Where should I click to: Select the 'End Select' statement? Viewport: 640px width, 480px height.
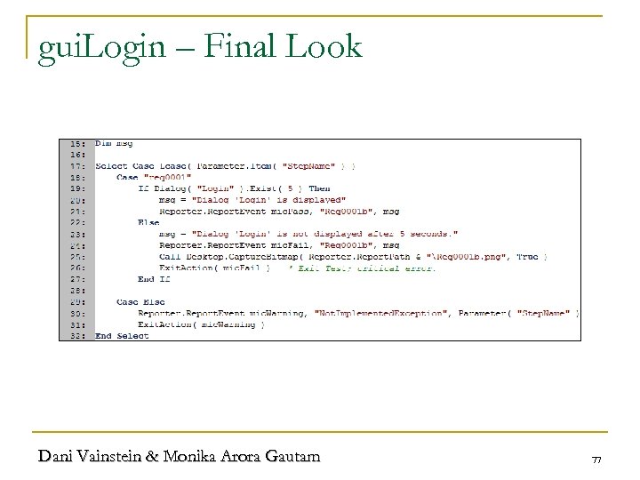tap(122, 335)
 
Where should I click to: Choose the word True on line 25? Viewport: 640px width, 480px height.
tap(530, 256)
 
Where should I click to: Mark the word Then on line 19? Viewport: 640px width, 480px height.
tap(318, 188)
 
